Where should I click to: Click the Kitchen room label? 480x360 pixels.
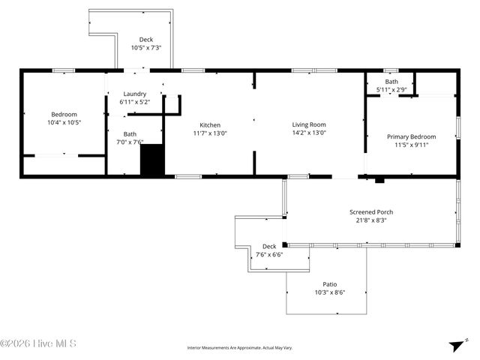[x=210, y=124]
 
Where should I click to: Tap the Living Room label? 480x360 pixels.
[x=309, y=124]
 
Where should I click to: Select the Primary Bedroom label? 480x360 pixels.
[x=411, y=136]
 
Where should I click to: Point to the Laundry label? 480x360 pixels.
[x=134, y=94]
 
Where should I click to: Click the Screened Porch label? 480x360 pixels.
[x=371, y=212]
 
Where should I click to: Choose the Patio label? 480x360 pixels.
[x=329, y=284]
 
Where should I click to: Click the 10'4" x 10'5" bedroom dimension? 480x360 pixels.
[x=64, y=122]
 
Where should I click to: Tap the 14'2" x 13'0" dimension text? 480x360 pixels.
[x=309, y=133]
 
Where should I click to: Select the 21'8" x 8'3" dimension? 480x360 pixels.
[x=371, y=220]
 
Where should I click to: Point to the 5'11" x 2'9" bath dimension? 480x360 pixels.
[x=391, y=90]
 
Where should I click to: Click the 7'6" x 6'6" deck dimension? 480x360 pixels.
[x=269, y=255]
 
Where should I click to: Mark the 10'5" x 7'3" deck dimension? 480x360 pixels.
[x=146, y=47]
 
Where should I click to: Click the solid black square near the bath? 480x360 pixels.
[x=152, y=160]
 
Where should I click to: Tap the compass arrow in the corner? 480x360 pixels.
[x=454, y=346]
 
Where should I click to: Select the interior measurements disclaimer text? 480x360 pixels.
[x=239, y=348]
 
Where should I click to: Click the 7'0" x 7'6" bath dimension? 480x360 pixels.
[x=130, y=142]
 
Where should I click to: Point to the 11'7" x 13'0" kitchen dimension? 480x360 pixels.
[x=210, y=133]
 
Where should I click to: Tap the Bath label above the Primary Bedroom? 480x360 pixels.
[x=391, y=82]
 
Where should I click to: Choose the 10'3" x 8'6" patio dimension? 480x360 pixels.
[x=329, y=292]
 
